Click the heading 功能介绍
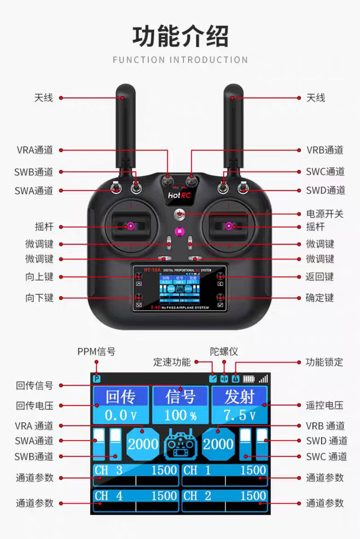pyautogui.click(x=180, y=37)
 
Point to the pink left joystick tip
pyautogui.click(x=131, y=226)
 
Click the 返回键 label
pyautogui.click(x=320, y=277)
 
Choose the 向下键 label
pyautogui.click(x=40, y=298)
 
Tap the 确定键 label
pyautogui.click(x=320, y=298)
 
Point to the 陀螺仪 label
pyautogui.click(x=224, y=351)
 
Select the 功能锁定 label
pyautogui.click(x=324, y=362)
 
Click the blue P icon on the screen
pyautogui.click(x=97, y=379)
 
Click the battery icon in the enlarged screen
pyautogui.click(x=249, y=379)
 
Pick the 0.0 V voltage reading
pyautogui.click(x=121, y=415)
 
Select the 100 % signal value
pyautogui.click(x=180, y=415)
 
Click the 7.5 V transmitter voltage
pyautogui.click(x=239, y=415)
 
